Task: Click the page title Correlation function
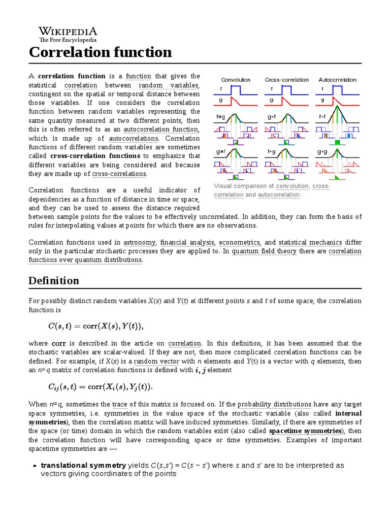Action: tap(100, 52)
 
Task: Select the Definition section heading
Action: tap(54, 280)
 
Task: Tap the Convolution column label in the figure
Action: tap(236, 80)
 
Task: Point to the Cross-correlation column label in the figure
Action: tap(286, 80)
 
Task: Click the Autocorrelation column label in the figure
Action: tap(337, 80)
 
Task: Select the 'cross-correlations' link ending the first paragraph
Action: tap(119, 174)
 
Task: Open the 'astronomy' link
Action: tap(140, 242)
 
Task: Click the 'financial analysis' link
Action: tap(187, 242)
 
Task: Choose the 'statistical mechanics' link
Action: tap(310, 242)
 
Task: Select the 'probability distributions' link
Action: tap(275, 405)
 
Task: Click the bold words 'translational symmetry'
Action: tap(83, 465)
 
